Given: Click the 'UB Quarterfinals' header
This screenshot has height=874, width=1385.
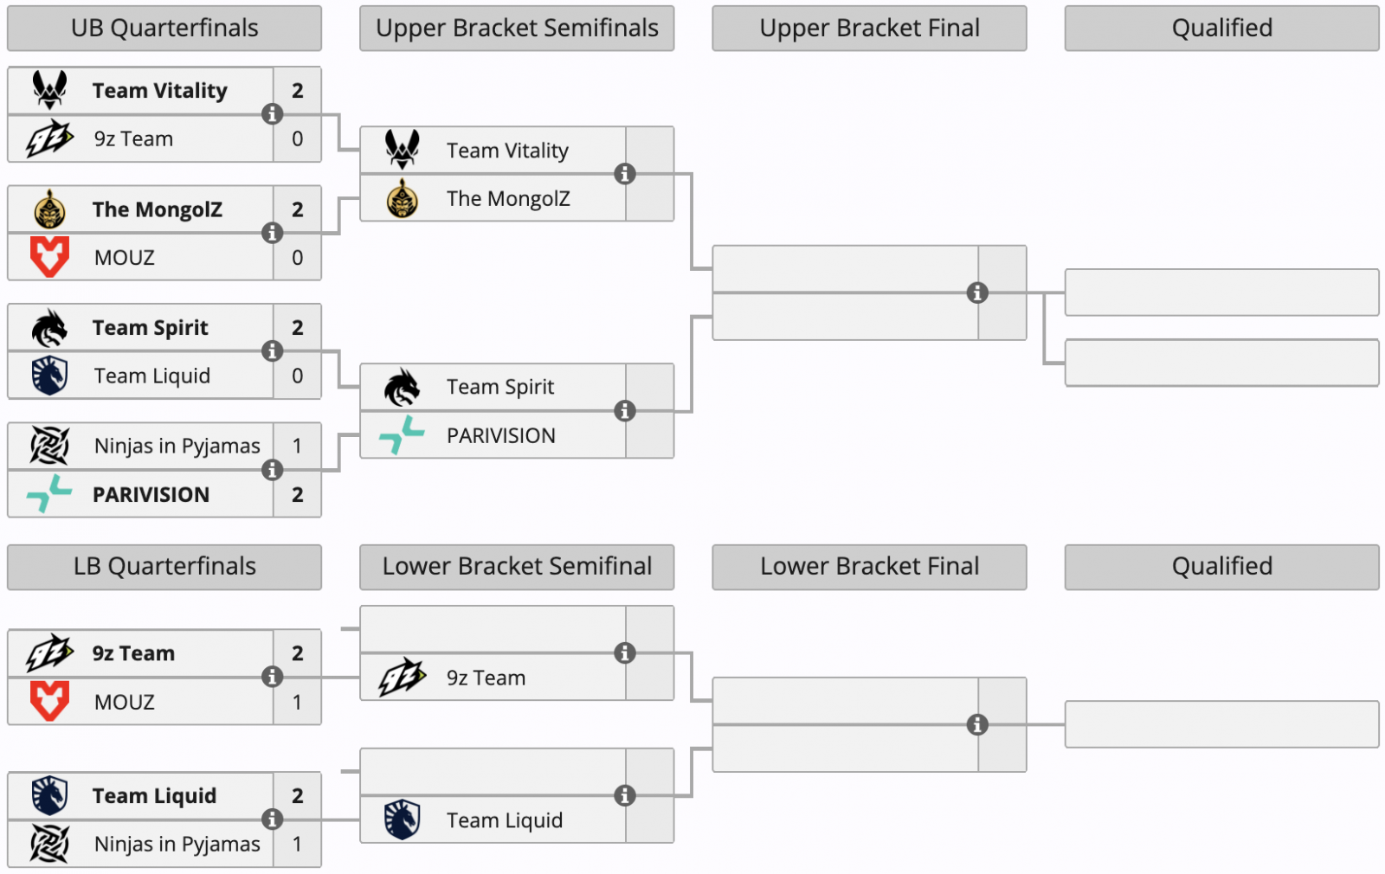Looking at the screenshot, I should (x=164, y=29).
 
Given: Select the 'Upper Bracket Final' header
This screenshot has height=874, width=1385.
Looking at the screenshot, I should (x=869, y=29).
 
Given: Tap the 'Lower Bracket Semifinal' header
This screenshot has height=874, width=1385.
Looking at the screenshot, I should (x=517, y=567).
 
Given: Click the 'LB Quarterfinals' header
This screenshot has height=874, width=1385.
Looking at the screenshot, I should (x=164, y=567).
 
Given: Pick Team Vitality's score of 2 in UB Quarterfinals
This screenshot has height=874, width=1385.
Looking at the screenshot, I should (x=297, y=91).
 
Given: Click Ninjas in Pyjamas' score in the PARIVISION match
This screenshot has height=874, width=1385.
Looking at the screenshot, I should (x=297, y=447).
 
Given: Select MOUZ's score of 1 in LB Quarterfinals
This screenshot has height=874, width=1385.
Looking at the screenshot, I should (x=297, y=702).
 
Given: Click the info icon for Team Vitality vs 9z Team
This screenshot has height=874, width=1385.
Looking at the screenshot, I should (x=272, y=114).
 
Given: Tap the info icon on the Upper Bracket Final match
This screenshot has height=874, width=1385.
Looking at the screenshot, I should (x=977, y=293).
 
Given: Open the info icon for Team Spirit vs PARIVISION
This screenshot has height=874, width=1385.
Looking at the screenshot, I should (x=624, y=411).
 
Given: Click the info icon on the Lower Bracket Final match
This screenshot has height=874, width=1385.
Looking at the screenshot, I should (x=977, y=725).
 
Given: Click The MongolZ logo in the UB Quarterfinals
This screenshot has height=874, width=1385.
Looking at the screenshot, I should (x=49, y=209).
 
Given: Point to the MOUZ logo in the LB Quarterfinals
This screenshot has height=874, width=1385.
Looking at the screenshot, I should (x=49, y=701).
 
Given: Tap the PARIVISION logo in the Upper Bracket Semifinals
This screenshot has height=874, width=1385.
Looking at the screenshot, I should (x=402, y=435).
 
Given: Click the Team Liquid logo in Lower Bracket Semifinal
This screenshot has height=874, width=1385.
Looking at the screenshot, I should (x=402, y=819).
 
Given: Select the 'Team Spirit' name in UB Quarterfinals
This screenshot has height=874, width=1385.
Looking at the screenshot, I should (x=151, y=328).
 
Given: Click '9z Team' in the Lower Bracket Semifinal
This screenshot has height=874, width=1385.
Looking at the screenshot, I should (x=486, y=678).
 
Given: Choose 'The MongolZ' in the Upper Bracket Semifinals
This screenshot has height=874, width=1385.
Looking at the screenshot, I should (x=508, y=199).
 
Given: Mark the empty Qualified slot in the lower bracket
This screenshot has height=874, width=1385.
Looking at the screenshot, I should (x=1221, y=724).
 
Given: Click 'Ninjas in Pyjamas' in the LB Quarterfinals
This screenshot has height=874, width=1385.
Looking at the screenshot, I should (x=177, y=845).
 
